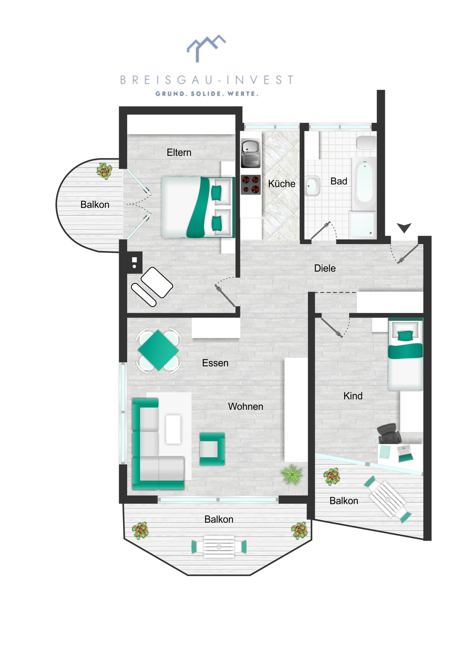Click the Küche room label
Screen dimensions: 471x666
click(282, 184)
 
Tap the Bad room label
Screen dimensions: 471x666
click(339, 181)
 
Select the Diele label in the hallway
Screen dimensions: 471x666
click(325, 268)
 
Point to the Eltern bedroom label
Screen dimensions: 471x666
click(179, 153)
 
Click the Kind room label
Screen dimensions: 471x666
click(353, 396)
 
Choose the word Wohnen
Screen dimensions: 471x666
click(246, 406)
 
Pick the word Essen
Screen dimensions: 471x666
click(215, 363)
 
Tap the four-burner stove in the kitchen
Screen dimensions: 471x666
click(251, 184)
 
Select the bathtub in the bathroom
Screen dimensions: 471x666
click(364, 183)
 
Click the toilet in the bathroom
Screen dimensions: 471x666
click(366, 143)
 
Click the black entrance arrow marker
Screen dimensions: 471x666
click(404, 227)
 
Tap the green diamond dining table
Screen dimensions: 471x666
click(158, 350)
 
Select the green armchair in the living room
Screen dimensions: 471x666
click(212, 449)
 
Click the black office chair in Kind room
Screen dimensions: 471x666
click(389, 433)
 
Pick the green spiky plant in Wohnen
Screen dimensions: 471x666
click(292, 474)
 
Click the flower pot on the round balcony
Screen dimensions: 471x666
click(104, 171)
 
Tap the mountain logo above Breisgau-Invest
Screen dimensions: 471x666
click(206, 48)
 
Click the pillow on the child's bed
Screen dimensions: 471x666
click(405, 336)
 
